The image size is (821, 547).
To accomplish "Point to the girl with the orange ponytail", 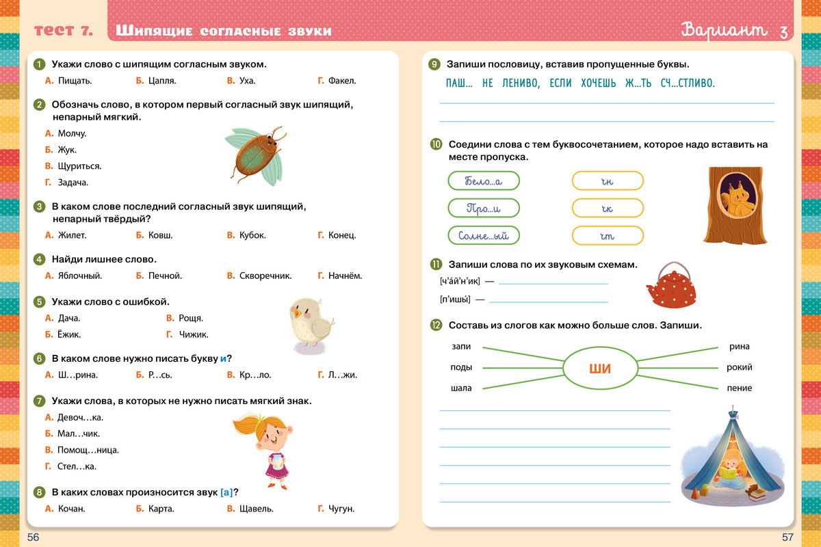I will tap(268, 445).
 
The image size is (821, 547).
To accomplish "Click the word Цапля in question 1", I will tap(162, 81).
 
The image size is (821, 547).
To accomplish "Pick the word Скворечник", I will tap(265, 276).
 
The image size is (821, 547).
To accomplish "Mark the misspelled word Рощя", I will tap(190, 318).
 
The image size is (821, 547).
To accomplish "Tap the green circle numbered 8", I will tap(39, 492).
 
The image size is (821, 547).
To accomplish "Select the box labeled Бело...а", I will tap(483, 181).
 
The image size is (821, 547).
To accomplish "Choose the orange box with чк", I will tap(608, 209).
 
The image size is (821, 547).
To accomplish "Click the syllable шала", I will tap(460, 388).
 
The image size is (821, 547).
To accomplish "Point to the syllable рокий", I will tap(740, 368).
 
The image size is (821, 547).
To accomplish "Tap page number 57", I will tap(787, 537).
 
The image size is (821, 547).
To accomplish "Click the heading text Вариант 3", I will tap(734, 31).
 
